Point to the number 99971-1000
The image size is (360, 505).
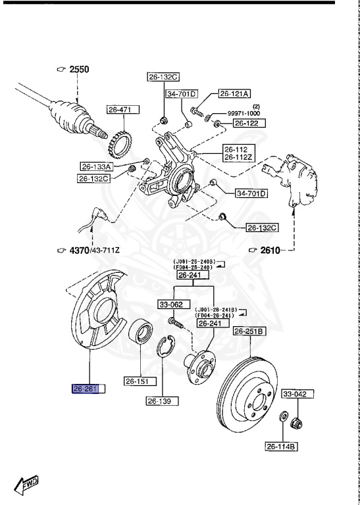244,113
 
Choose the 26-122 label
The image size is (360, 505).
247,123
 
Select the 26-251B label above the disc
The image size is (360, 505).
249,331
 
